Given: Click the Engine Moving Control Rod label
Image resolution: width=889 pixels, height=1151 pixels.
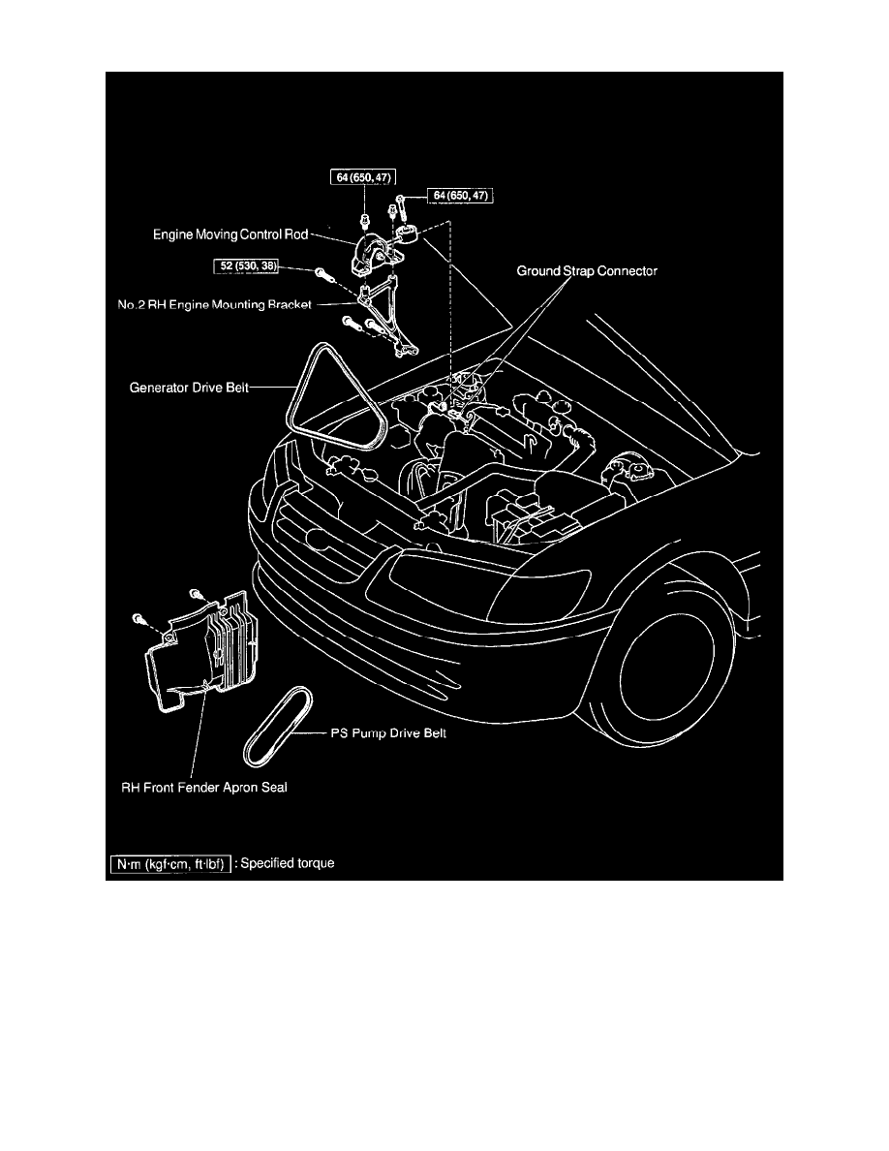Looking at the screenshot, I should coord(230,233).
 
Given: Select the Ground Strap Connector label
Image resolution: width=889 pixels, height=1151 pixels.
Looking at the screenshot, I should coord(586,272).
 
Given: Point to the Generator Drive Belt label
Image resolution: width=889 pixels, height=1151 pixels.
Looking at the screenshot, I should coord(190,388).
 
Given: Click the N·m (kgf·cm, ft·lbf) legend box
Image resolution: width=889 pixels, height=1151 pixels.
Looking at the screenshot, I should coord(170,863).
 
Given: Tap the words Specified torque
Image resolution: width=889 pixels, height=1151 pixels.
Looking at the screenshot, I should coord(289,863).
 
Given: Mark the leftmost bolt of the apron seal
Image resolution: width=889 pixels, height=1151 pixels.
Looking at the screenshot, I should coord(139,617).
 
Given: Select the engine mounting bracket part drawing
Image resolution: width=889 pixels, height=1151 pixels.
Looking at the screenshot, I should coord(387,315).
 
